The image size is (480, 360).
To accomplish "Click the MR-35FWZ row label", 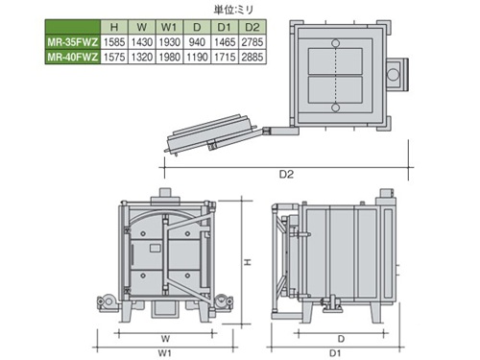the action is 73,42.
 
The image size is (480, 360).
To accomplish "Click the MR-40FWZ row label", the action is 73,57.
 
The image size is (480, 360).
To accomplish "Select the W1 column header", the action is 169,27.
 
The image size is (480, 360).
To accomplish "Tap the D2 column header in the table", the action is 252,27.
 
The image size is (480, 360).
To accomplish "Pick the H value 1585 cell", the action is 114,42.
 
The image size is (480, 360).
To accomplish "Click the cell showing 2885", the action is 252,57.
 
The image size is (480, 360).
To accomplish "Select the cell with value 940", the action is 197,42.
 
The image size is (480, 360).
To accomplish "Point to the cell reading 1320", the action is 142,57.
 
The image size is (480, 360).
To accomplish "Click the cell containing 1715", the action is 225,57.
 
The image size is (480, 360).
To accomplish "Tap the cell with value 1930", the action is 169,42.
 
